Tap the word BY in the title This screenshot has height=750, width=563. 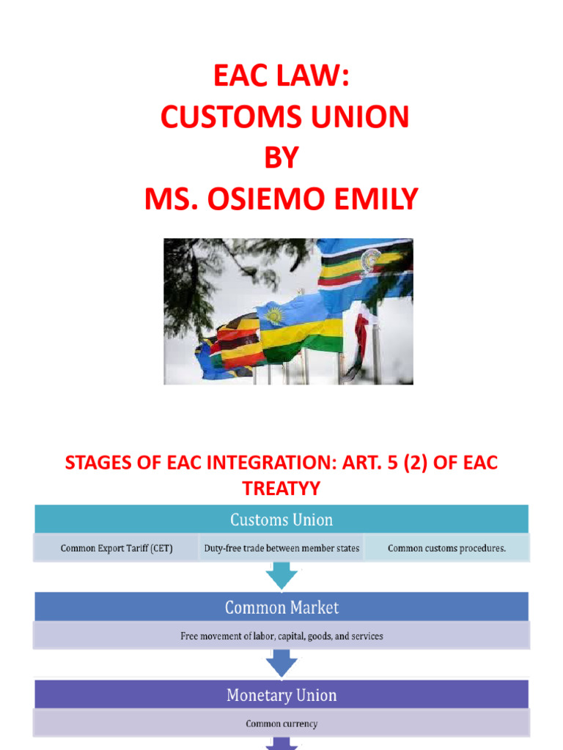(281, 157)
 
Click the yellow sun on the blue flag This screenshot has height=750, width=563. (274, 316)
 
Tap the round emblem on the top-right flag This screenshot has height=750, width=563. (370, 258)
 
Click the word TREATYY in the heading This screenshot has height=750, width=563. (281, 487)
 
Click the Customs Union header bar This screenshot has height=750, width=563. (281, 519)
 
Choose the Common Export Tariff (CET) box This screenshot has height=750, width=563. (116, 548)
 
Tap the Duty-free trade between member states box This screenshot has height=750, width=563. (281, 548)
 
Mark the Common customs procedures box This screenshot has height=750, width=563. (446, 548)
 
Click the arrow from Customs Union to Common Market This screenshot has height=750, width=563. (281, 576)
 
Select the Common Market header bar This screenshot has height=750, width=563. (281, 607)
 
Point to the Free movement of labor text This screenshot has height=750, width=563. (281, 636)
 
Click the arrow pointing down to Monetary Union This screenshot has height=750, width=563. (281, 664)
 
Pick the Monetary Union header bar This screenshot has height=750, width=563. (281, 694)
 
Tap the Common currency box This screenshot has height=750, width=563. (281, 724)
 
